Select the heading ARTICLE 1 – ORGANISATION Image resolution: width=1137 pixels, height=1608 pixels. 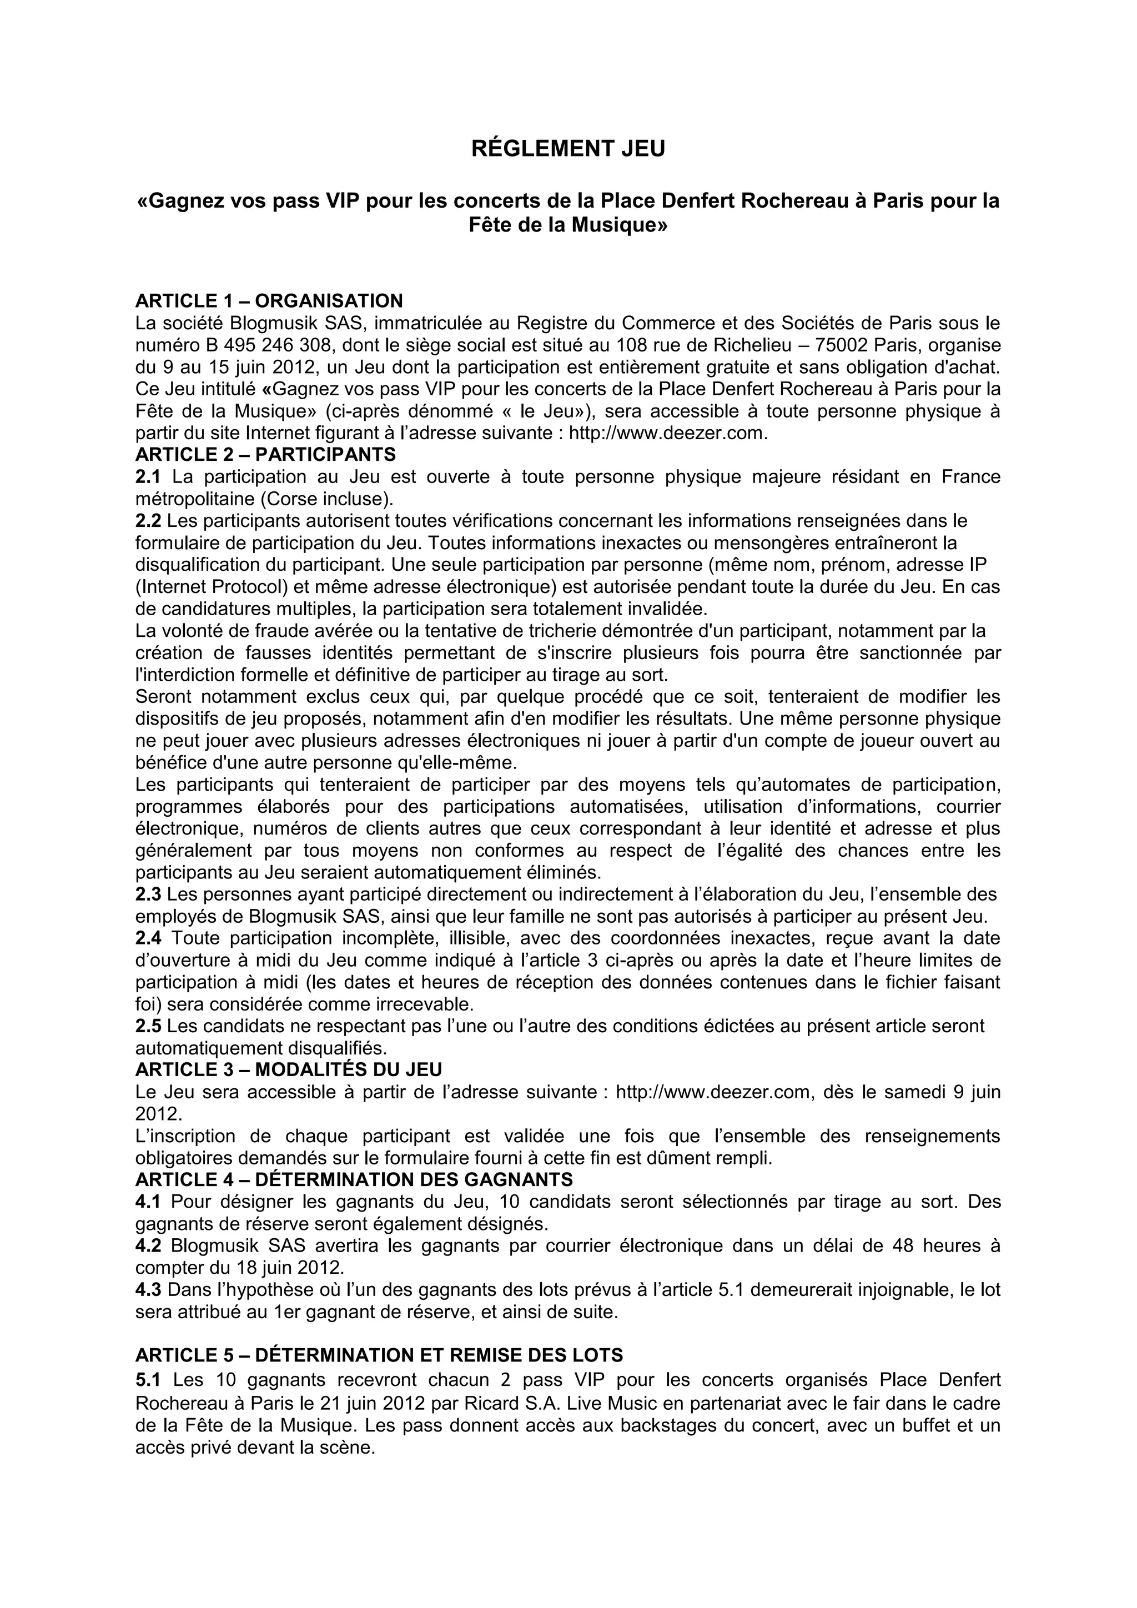point(269,301)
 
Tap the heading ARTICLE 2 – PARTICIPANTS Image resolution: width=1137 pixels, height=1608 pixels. point(265,455)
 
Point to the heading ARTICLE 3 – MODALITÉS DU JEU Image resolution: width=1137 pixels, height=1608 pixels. point(289,1069)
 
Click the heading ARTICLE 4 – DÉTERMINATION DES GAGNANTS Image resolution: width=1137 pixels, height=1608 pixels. point(354,1180)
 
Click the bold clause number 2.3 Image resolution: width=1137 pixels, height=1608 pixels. point(148,895)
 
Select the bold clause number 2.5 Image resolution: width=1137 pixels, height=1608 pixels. point(148,1026)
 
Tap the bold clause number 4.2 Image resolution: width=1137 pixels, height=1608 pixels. point(148,1246)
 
